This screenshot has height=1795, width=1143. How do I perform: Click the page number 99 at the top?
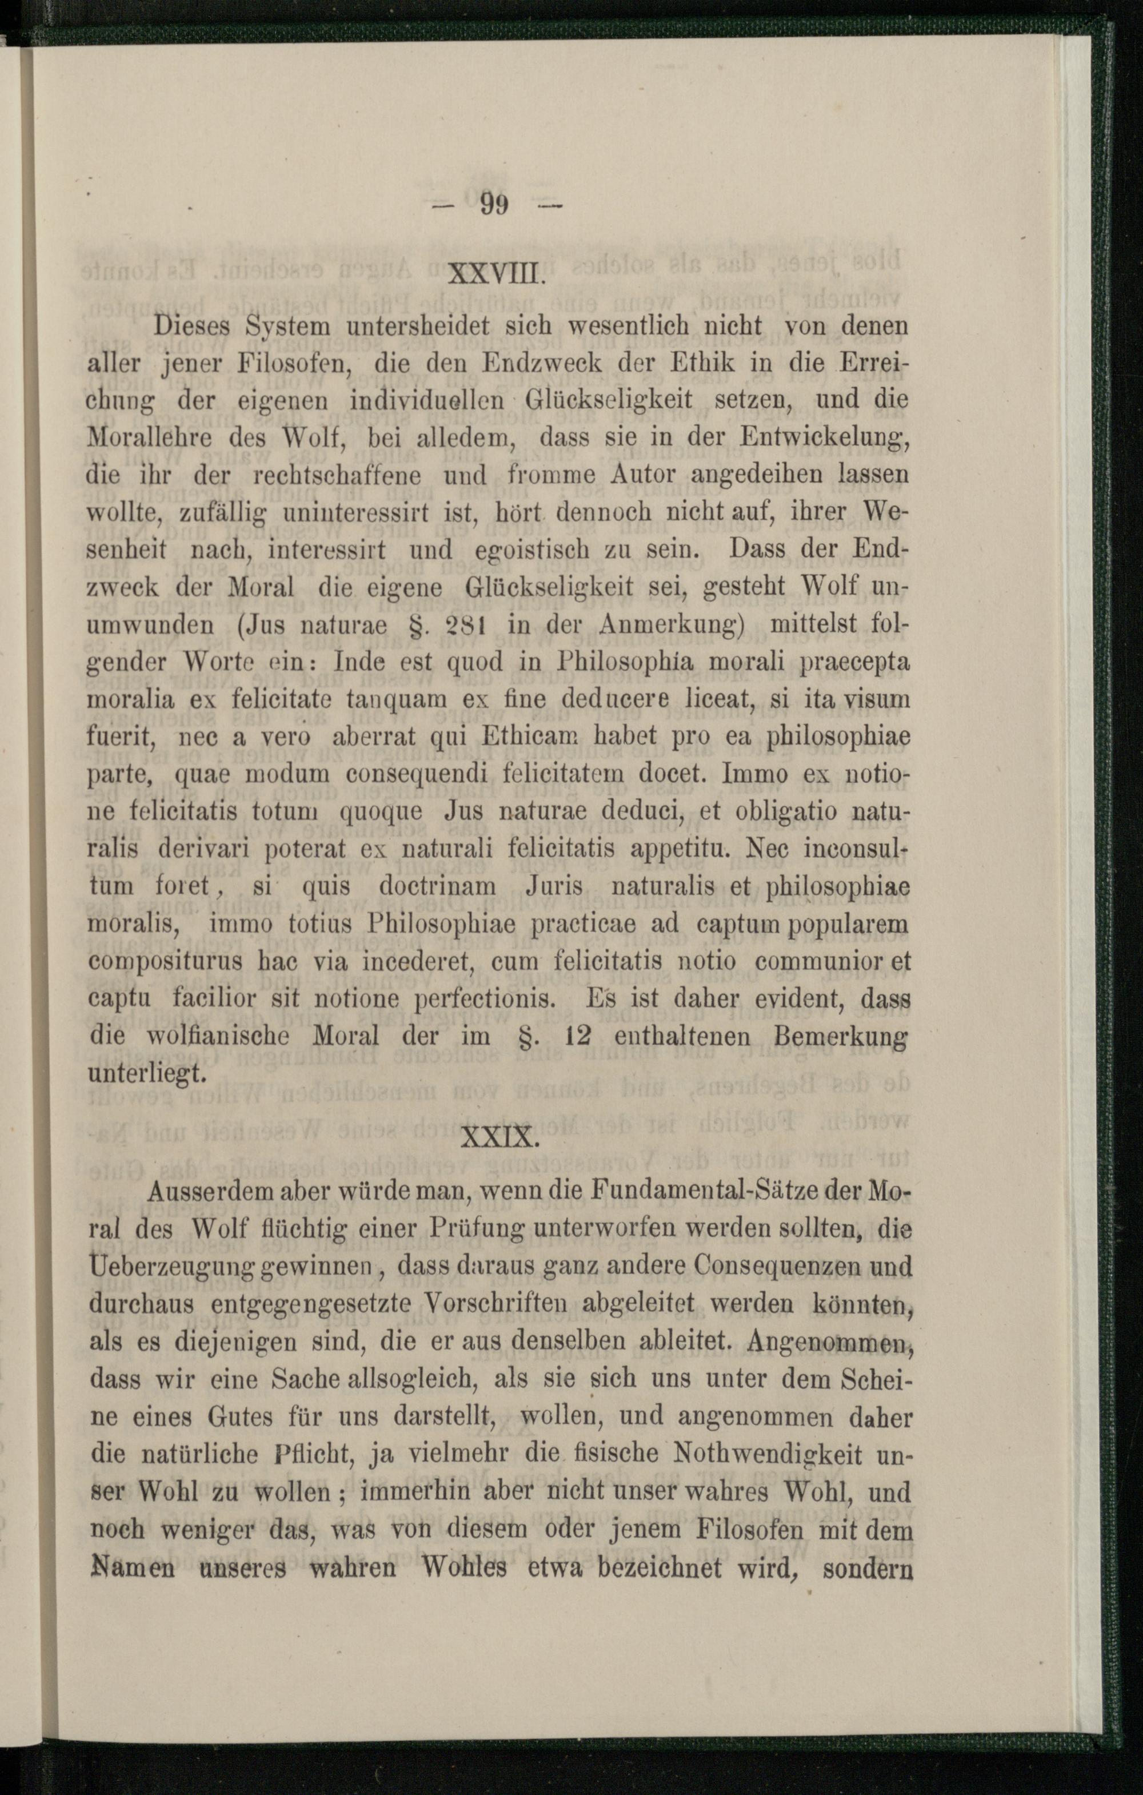coord(494,204)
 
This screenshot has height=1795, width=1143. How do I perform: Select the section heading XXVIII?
coord(498,285)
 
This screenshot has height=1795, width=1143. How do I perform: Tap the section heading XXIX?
coord(498,1139)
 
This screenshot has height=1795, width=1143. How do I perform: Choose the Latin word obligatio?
coord(789,812)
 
